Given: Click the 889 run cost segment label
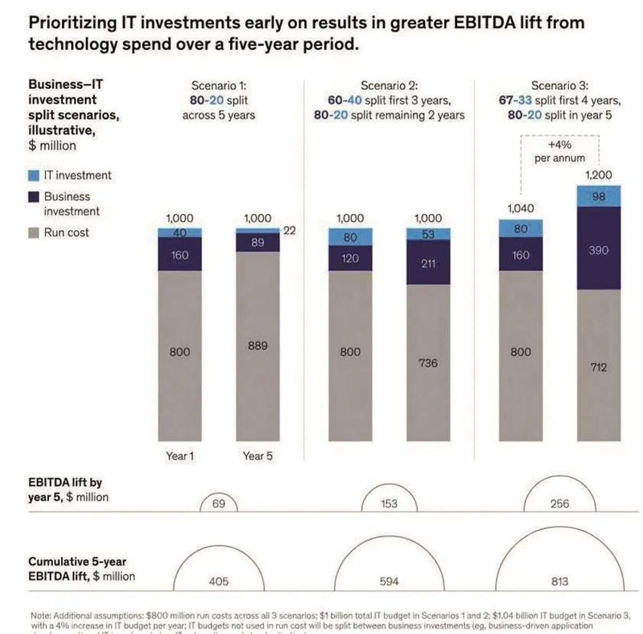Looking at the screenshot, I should point(258,346).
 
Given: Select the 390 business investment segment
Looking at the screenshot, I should point(599,250).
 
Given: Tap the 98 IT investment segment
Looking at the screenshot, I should point(599,196).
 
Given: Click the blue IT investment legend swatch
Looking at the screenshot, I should point(34,175).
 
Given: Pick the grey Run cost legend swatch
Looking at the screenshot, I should point(34,233).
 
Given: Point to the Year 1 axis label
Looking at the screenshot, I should point(180,456).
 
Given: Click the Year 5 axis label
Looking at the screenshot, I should point(258,456).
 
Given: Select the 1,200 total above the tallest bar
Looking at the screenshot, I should point(599,175).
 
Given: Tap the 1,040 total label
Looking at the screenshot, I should point(520,208).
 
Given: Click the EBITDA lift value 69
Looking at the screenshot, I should point(219,504).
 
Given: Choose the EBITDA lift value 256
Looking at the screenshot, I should point(559,504).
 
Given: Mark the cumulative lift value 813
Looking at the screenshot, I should point(559,581).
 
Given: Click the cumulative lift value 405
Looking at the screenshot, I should point(219,581).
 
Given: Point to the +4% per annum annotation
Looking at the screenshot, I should point(559,151).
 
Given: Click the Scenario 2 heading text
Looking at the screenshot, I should point(389,86).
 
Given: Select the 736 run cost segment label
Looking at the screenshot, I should point(428,363).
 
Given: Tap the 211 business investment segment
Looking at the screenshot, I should point(428,263).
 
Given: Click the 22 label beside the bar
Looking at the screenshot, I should point(289,230).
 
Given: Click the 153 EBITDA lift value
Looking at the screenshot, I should point(389,504).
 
